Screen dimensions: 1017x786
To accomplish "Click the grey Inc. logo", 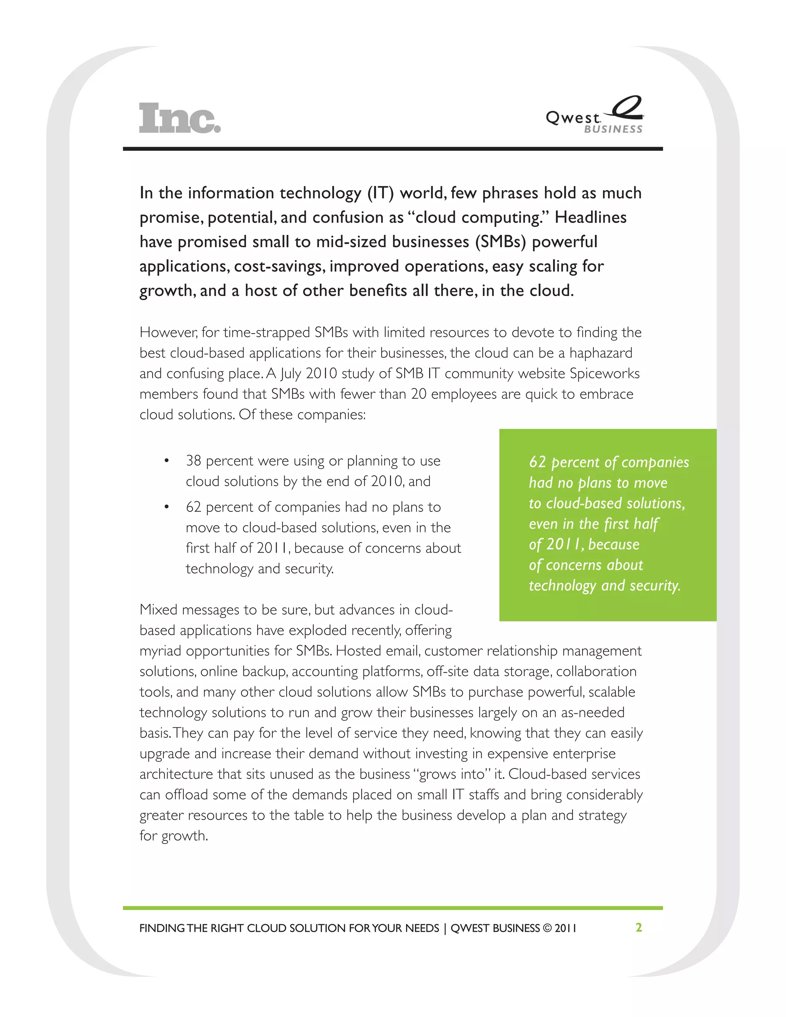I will (x=179, y=118).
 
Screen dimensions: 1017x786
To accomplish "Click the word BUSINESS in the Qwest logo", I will (x=613, y=129).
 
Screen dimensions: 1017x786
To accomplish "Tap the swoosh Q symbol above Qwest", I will (x=627, y=107).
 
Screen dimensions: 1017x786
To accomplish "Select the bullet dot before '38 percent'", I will (x=166, y=461).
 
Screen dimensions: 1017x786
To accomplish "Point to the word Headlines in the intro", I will (x=590, y=218).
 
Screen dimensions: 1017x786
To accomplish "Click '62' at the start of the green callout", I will (x=537, y=462).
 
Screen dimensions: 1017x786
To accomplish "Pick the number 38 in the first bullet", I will (x=193, y=461).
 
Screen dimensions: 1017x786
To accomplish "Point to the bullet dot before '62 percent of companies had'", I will (x=166, y=507).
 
